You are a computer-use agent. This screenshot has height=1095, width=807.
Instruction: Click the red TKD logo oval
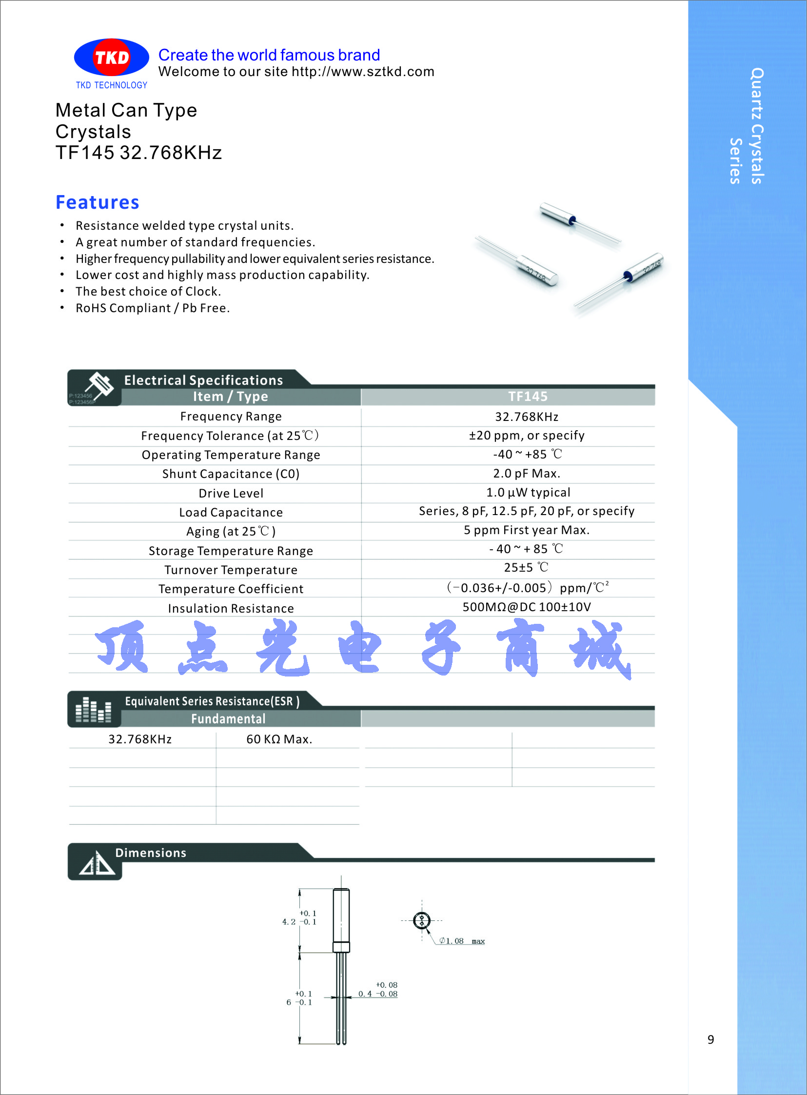[111, 58]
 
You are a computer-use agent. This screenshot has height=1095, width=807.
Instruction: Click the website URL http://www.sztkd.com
[362, 72]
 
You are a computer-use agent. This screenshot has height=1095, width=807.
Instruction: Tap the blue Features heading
[97, 202]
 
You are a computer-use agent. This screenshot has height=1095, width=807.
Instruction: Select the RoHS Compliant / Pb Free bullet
[153, 308]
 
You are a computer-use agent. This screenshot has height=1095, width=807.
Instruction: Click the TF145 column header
[528, 396]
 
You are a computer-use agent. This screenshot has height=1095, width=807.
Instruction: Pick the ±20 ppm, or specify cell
[527, 436]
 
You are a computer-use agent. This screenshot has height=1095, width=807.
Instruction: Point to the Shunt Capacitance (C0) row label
[231, 474]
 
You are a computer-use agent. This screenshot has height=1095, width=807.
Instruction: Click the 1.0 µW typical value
[528, 493]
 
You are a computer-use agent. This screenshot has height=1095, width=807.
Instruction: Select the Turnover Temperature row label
[231, 570]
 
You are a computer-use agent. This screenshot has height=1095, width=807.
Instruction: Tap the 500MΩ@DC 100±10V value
[527, 607]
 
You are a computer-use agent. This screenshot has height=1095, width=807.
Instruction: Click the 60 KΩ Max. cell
[279, 739]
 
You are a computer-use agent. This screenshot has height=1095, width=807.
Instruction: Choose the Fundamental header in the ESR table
[228, 719]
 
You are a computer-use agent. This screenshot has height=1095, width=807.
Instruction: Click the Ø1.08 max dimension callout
[461, 941]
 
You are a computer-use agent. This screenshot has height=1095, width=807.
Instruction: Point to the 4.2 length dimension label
[289, 922]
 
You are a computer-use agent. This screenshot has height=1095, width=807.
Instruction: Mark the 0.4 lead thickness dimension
[365, 994]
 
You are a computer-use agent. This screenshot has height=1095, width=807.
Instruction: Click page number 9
[710, 1040]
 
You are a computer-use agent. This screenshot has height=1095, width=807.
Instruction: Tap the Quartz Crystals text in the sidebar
[757, 125]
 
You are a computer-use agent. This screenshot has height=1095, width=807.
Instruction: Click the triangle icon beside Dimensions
[97, 864]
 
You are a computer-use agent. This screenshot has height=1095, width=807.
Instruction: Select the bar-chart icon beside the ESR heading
[93, 710]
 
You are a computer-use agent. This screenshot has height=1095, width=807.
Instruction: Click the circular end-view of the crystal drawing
[422, 920]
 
